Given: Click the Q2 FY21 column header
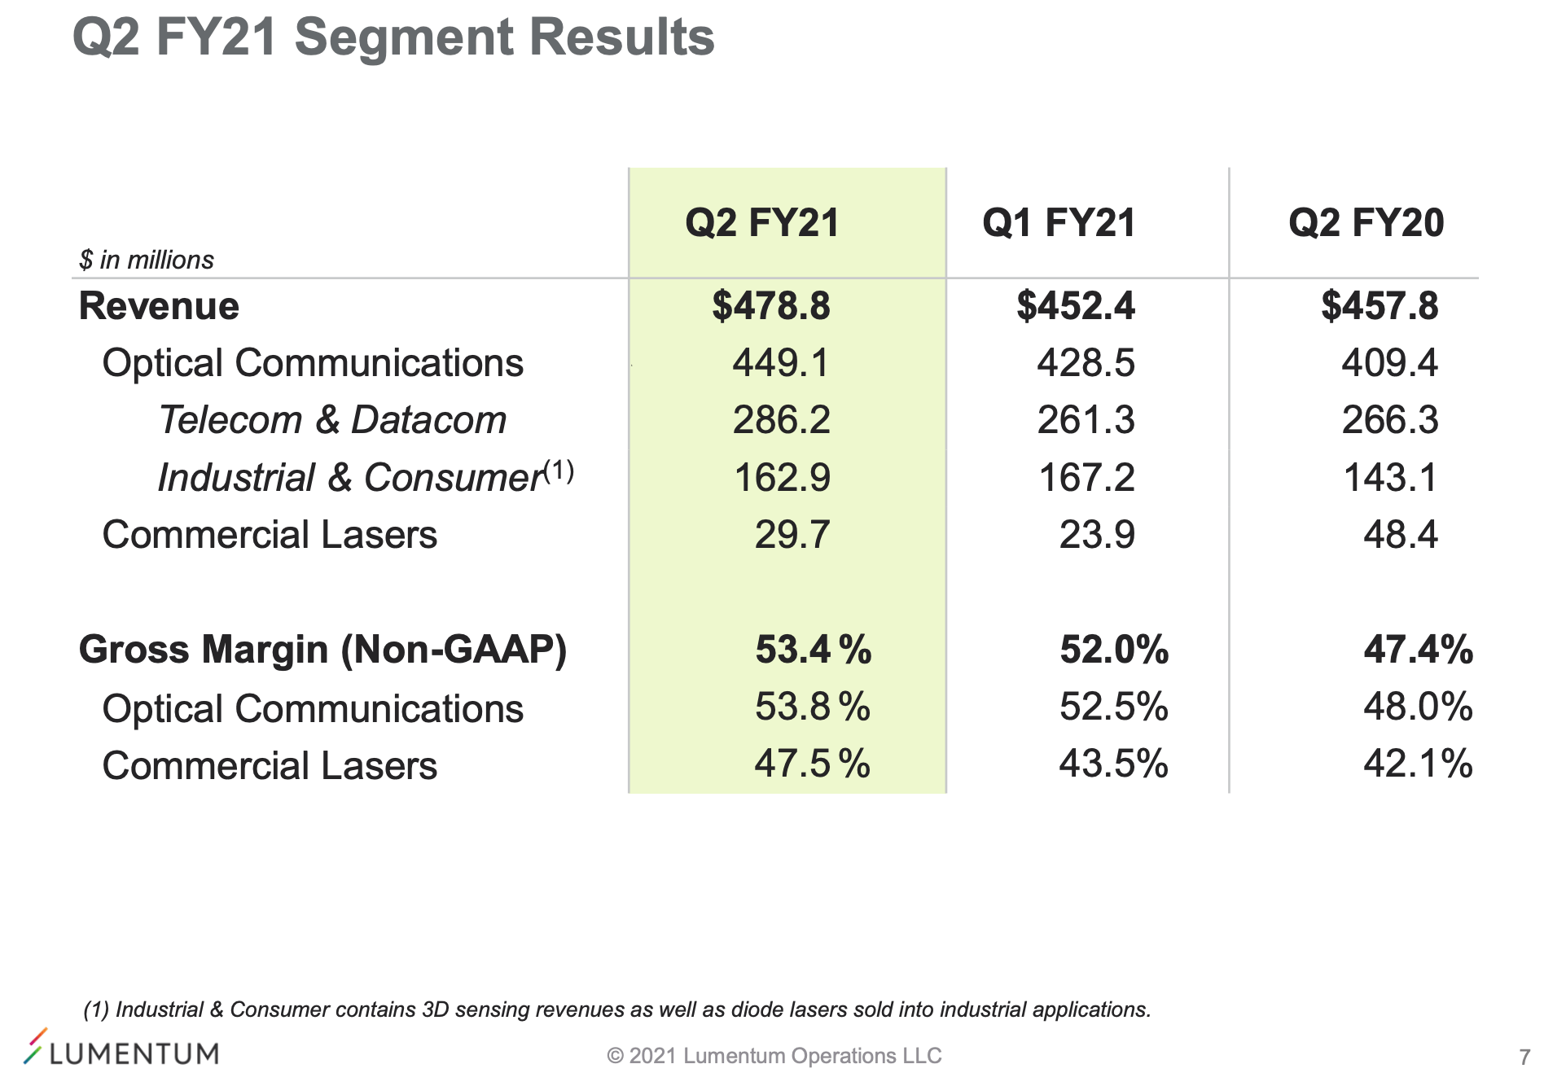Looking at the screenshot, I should (762, 223).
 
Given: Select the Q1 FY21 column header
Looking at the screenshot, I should (1059, 223).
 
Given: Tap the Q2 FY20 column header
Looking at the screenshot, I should (1366, 223).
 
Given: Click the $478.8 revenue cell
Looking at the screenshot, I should (770, 306).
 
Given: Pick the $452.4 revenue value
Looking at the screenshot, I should (1075, 306).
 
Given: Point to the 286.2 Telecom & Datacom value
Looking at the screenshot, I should (781, 420).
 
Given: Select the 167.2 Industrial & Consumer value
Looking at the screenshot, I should (1086, 477).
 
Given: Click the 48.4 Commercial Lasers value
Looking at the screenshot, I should (1401, 534).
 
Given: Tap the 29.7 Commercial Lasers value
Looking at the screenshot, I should (792, 534).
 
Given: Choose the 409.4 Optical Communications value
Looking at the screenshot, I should (1389, 363).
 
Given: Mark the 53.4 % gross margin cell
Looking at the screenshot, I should (813, 650).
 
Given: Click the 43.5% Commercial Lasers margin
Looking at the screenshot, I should (1113, 764).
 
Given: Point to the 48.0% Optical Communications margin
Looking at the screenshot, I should (1418, 707).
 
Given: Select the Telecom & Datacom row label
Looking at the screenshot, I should (332, 420).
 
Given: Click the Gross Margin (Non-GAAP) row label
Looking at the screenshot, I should (322, 650).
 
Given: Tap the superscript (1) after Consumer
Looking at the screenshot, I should (559, 471).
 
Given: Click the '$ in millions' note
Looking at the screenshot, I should (147, 260).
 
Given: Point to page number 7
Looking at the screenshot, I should (1524, 1057).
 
